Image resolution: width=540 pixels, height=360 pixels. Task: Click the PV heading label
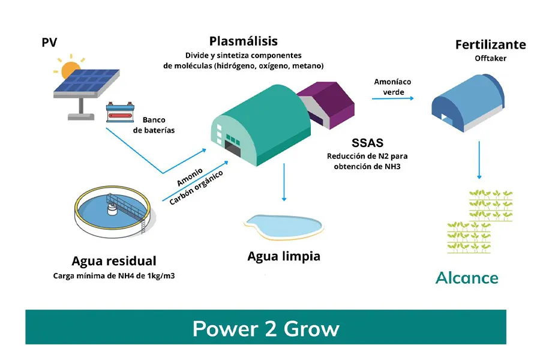[49, 43]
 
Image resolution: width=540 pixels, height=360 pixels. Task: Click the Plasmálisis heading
[243, 41]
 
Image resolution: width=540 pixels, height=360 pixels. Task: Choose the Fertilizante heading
[490, 44]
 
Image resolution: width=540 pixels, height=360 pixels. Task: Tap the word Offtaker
[490, 58]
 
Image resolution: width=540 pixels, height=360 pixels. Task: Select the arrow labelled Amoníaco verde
[393, 97]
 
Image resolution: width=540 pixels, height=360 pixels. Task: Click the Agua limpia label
[284, 256]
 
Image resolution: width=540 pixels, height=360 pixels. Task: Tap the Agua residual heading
[113, 261]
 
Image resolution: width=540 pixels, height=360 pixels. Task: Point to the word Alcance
[467, 278]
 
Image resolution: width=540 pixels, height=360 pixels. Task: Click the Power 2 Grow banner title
[265, 328]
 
